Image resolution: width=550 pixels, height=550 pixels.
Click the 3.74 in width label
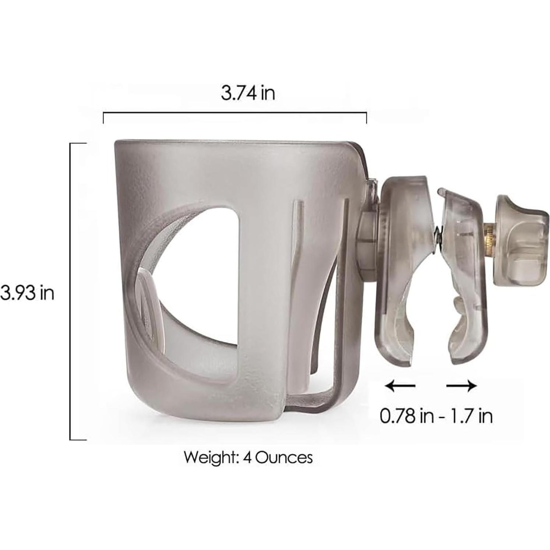[248, 93]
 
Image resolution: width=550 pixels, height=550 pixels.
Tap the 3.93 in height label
[27, 293]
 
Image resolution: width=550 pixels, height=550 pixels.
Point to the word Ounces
[284, 458]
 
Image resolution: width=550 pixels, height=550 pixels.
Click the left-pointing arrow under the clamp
[400, 386]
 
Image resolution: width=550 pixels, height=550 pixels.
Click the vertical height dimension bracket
[71, 291]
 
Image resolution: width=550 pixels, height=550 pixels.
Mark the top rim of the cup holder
[232, 142]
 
